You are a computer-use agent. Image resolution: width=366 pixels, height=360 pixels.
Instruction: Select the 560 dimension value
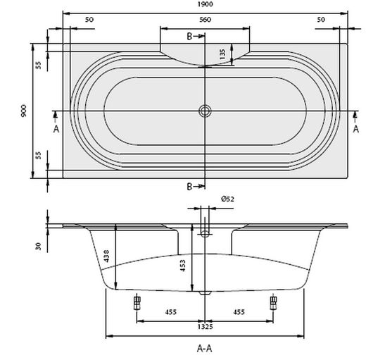pyautogui.click(x=205, y=20)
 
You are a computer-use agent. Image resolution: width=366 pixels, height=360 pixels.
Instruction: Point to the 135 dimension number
pyautogui.click(x=222, y=54)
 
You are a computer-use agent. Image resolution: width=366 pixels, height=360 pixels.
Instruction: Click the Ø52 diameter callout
pyautogui.click(x=227, y=199)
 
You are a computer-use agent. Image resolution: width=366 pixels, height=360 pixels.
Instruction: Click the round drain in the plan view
pyautogui.click(x=205, y=111)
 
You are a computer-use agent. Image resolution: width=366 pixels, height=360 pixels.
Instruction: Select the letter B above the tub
pyautogui.click(x=189, y=35)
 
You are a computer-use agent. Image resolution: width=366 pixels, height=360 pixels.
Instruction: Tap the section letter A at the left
pyautogui.click(x=56, y=128)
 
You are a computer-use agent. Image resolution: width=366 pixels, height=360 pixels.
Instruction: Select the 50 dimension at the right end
pyautogui.click(x=321, y=20)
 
